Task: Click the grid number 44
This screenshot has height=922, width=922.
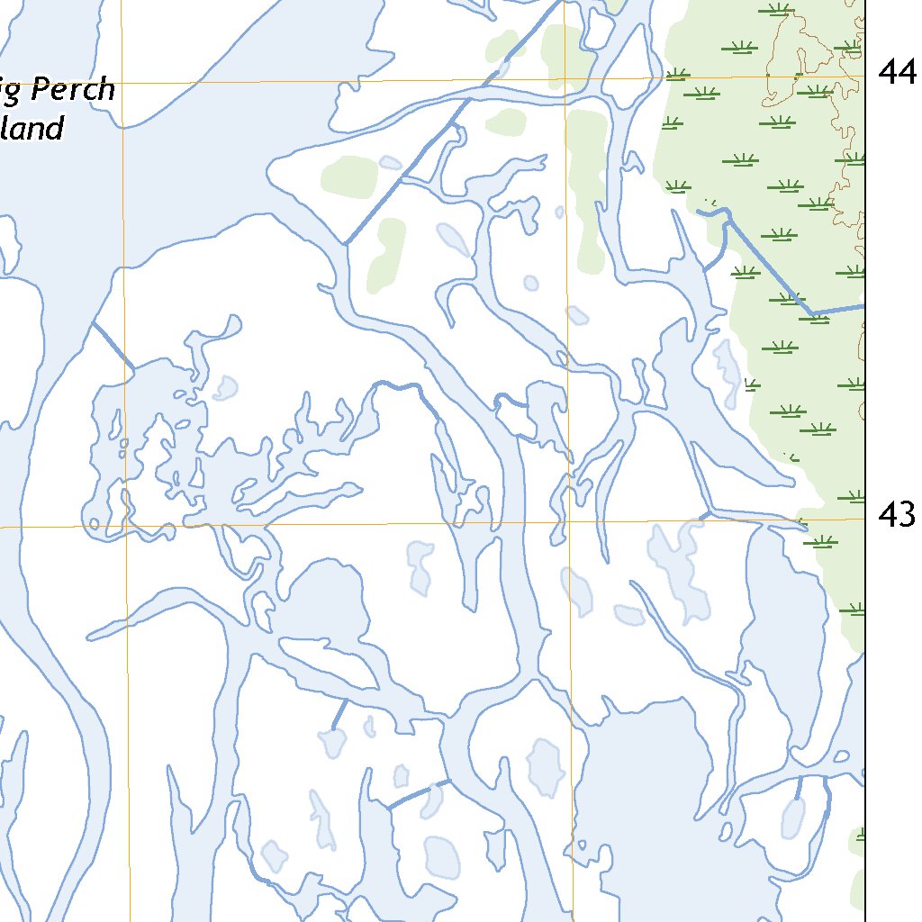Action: (x=897, y=72)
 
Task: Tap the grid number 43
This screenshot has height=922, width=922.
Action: (x=897, y=515)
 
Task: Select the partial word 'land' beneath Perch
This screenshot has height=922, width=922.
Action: (x=33, y=129)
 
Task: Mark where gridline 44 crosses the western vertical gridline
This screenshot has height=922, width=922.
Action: (x=122, y=82)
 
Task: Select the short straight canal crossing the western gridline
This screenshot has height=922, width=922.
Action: (x=113, y=343)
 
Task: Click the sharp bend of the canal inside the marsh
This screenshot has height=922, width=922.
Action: (x=810, y=313)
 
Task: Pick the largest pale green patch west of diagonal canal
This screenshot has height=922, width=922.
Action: (x=349, y=176)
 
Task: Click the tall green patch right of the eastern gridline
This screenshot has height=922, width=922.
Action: (x=587, y=180)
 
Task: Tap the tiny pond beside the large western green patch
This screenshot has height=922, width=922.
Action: (x=390, y=163)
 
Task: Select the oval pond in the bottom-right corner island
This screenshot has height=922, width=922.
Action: (x=793, y=817)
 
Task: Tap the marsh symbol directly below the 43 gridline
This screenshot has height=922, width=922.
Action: (x=821, y=541)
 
